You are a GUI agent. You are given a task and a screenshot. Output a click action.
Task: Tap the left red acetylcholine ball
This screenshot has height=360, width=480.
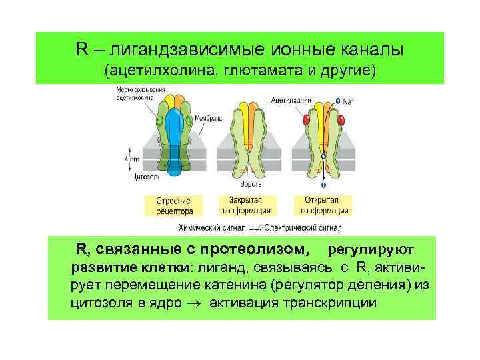[x=307, y=120]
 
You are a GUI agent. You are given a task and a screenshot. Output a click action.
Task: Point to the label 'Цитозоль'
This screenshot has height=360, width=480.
[x=137, y=178]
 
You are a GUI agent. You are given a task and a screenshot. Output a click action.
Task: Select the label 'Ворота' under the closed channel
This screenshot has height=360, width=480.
[x=251, y=183]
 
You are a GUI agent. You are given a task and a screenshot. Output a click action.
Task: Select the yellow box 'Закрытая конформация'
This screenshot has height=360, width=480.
[x=248, y=205]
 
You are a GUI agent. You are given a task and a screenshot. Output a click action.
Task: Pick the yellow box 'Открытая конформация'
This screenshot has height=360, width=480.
[x=323, y=205]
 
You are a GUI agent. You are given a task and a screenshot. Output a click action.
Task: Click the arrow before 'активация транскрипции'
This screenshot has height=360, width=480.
[x=199, y=303]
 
